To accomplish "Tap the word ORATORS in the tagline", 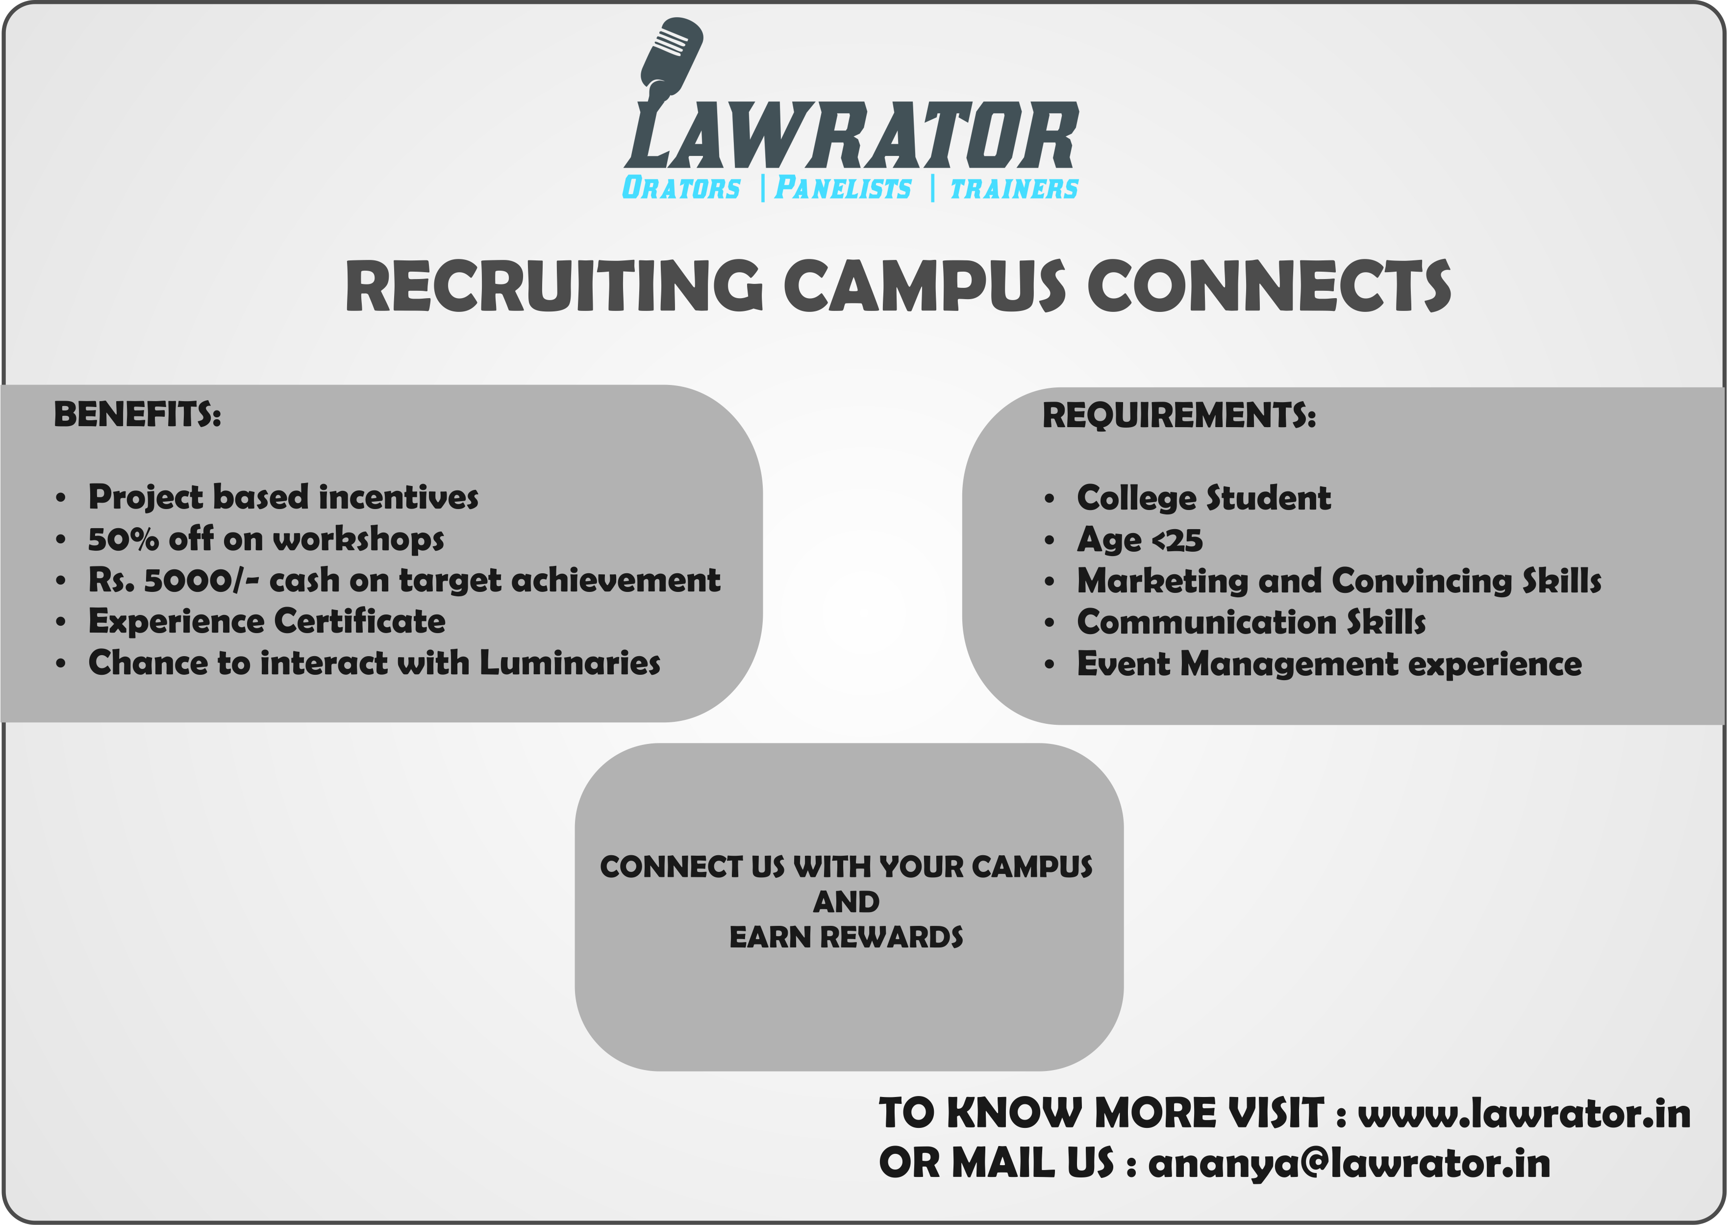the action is click(681, 188).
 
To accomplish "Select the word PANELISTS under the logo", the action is click(843, 188).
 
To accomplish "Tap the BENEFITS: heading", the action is click(137, 414).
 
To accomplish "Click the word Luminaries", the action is click(570, 663).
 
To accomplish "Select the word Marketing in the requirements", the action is click(1162, 581).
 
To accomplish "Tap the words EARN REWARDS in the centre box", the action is click(846, 937).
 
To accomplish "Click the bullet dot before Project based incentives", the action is click(60, 498).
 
